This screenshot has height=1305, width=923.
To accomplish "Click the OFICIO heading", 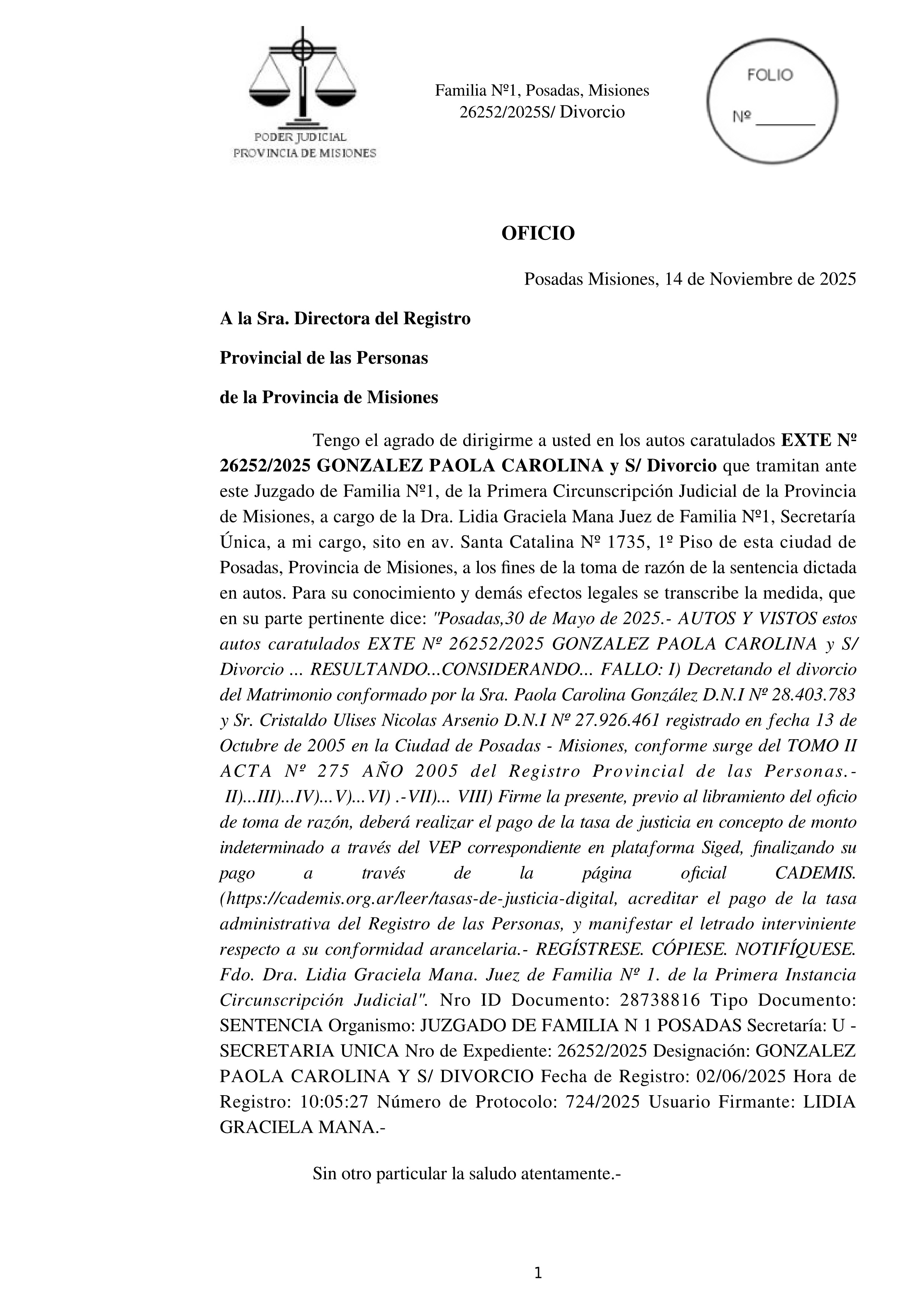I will tap(538, 233).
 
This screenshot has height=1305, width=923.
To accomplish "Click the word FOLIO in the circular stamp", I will tap(770, 75).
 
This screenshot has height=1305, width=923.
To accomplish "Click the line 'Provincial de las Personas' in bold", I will tap(323, 358).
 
